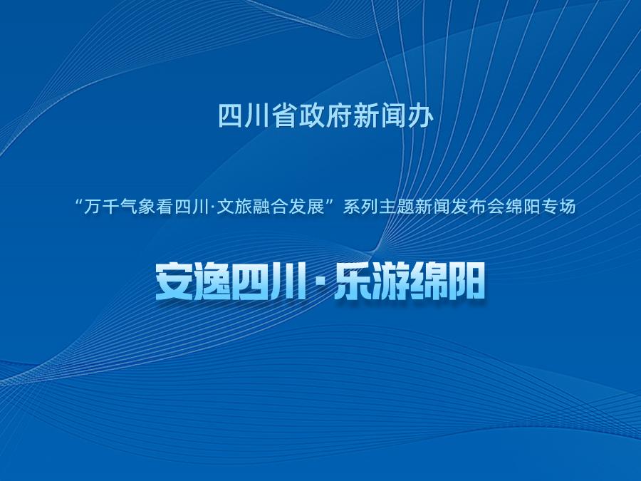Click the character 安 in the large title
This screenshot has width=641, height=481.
pyautogui.click(x=173, y=281)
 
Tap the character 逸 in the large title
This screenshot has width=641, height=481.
pyautogui.click(x=211, y=281)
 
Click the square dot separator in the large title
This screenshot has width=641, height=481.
pyautogui.click(x=320, y=281)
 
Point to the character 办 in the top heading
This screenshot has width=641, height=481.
pyautogui.click(x=421, y=115)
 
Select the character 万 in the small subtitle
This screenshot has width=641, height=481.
pyautogui.click(x=92, y=207)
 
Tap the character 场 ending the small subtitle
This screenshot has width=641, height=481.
pyautogui.click(x=568, y=207)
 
